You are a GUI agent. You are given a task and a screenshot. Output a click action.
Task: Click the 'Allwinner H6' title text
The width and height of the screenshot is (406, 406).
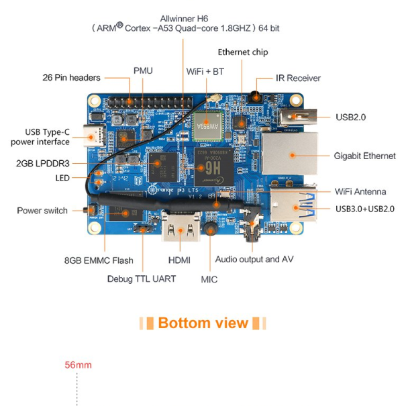click(183, 18)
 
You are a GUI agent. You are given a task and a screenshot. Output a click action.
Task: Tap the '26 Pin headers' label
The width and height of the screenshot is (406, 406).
click(71, 78)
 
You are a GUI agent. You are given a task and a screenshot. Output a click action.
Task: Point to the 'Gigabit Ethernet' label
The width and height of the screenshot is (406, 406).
click(364, 156)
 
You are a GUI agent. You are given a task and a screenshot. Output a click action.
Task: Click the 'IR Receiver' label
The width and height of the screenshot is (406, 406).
click(298, 79)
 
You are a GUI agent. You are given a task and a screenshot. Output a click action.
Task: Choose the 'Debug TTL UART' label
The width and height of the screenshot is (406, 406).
click(141, 278)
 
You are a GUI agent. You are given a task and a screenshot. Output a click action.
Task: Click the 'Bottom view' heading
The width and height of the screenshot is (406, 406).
click(203, 323)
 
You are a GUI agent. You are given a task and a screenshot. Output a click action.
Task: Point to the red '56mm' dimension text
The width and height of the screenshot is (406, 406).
click(78, 365)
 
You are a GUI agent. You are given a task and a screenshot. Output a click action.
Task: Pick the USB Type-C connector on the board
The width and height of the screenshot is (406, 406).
click(93, 136)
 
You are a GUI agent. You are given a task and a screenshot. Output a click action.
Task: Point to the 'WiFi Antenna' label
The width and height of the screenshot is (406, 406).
click(360, 192)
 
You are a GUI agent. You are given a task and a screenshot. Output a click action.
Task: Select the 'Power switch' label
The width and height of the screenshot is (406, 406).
click(42, 211)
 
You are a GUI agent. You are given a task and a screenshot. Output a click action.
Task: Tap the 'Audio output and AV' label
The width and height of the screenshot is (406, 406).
click(254, 259)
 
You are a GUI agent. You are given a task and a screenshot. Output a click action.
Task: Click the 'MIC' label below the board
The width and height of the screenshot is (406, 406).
click(209, 278)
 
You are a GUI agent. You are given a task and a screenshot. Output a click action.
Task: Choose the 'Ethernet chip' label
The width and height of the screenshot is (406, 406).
click(242, 52)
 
